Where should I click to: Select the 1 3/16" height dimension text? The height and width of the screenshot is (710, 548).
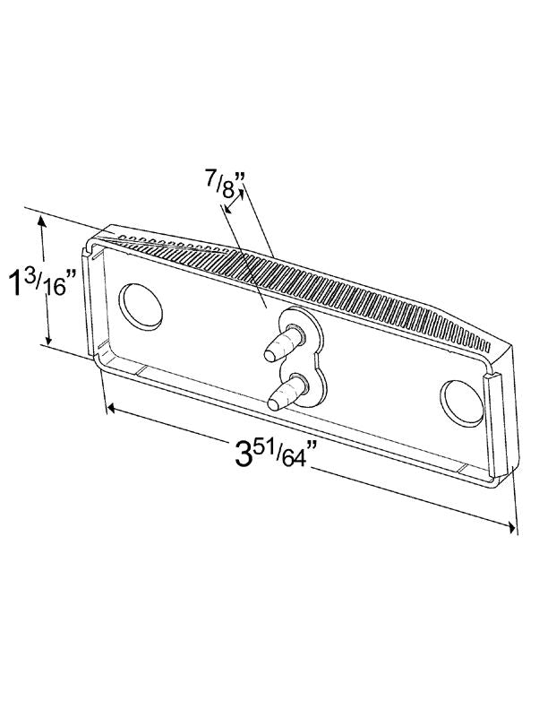coord(43,283)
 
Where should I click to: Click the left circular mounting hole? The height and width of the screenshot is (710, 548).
coord(141,306)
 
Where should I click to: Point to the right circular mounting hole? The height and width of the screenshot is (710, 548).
coord(462,403)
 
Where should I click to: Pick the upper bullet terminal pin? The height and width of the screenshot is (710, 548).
coord(284,343)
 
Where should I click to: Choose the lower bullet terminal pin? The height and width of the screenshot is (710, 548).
coord(287,393)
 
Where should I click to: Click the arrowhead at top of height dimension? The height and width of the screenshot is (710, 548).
coord(41,221)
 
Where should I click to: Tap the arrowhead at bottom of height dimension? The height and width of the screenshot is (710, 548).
coord(49,340)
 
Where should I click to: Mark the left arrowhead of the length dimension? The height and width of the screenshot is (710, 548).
coord(111,409)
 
